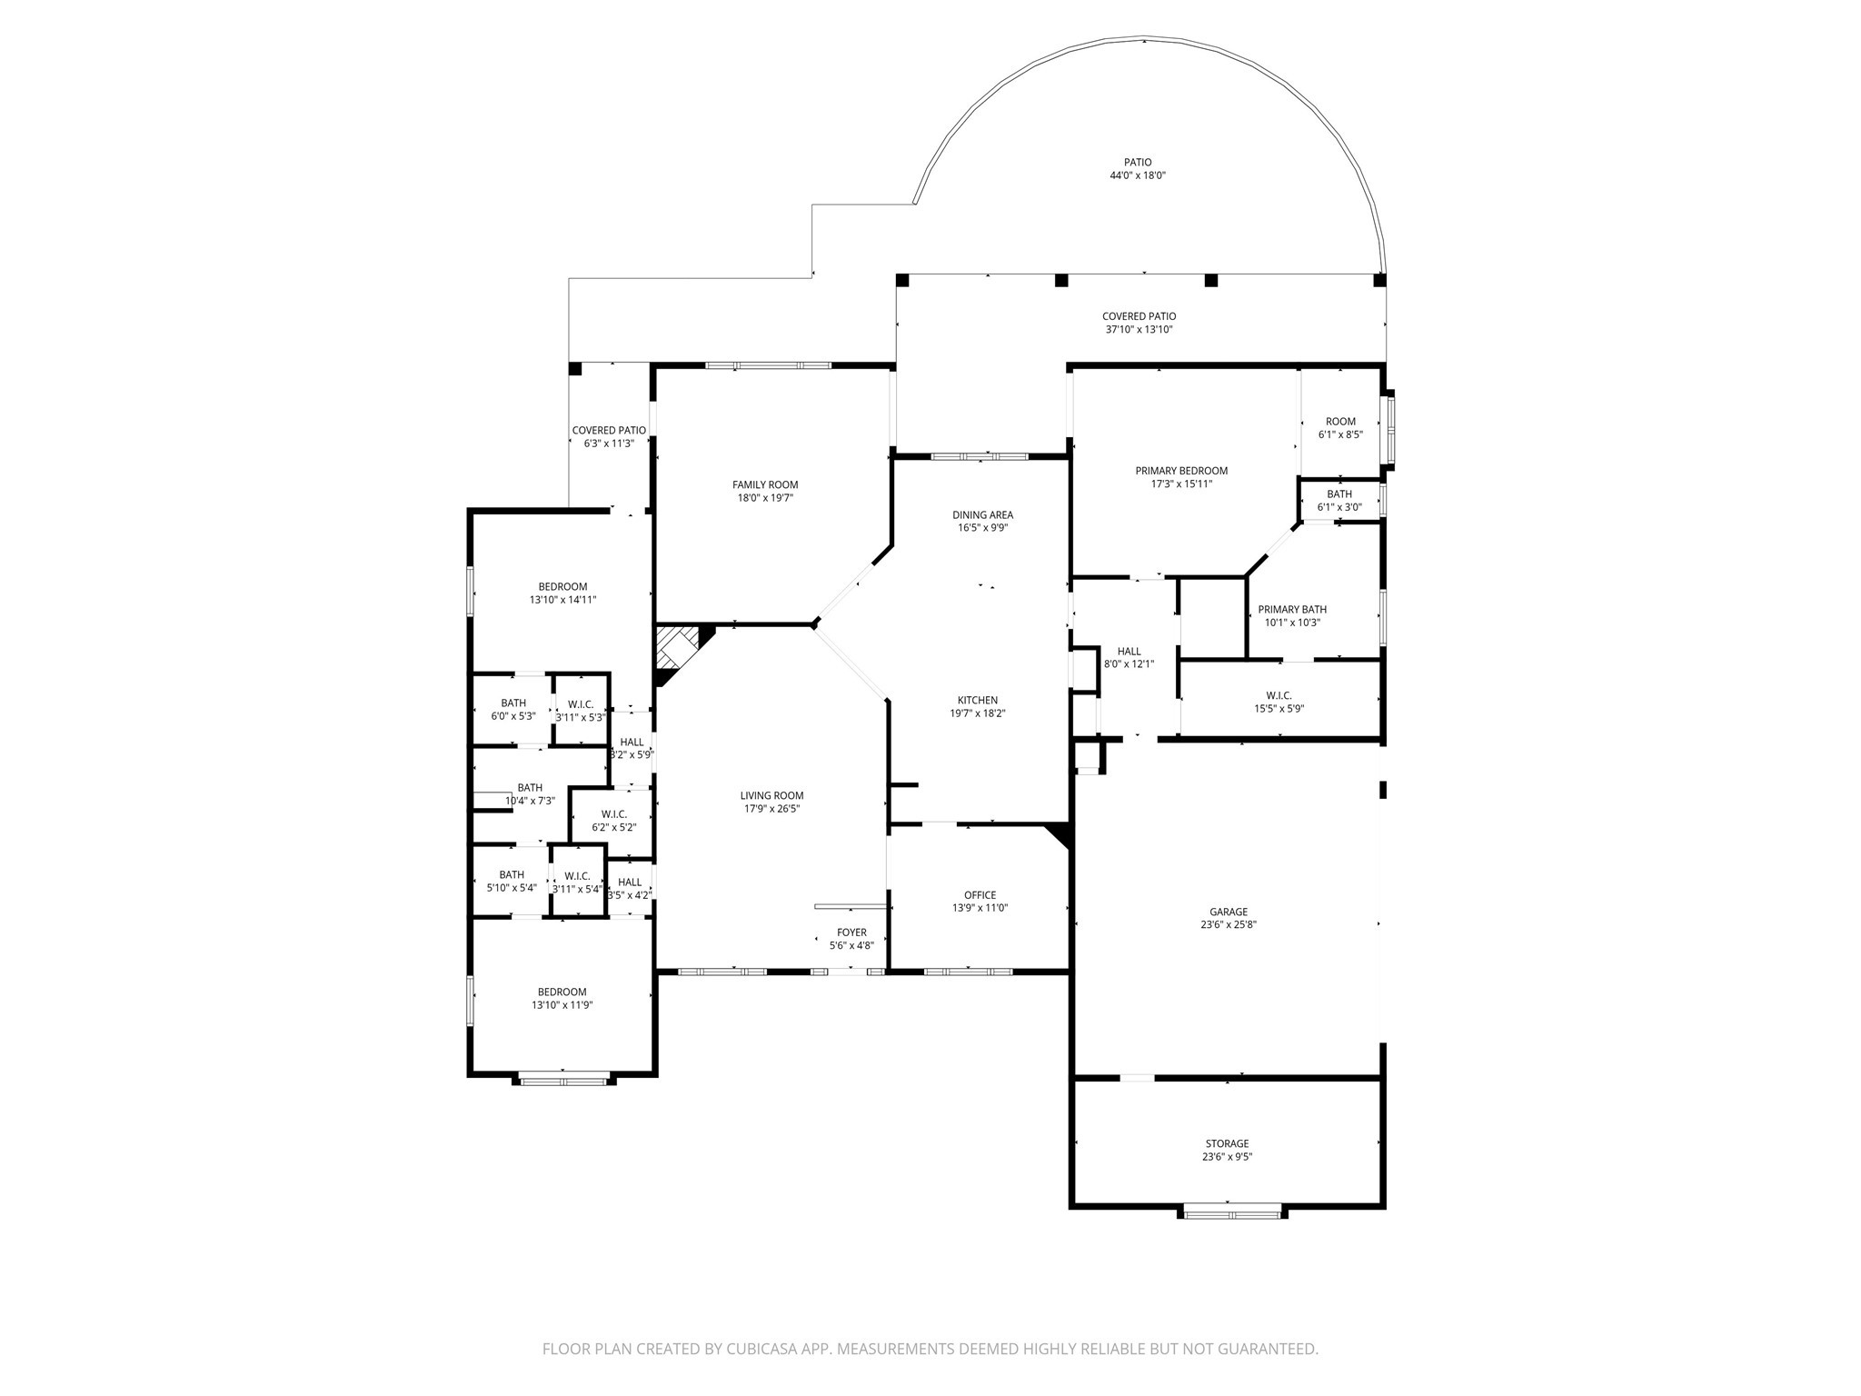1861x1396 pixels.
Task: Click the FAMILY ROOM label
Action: coord(765,484)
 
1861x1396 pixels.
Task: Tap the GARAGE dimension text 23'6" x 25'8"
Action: coord(1228,924)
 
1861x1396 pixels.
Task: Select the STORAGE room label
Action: coord(1228,1143)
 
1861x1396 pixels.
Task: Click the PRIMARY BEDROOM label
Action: coord(1181,471)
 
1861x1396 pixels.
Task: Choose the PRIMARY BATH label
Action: coord(1292,610)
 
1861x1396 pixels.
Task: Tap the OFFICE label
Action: coord(980,895)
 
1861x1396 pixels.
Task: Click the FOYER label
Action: coord(851,932)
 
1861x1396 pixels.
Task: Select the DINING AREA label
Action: coord(982,515)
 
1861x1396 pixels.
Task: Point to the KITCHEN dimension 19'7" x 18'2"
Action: coord(978,713)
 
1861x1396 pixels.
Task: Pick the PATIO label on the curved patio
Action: coord(1137,163)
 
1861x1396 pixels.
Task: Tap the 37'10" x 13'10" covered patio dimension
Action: coord(1139,329)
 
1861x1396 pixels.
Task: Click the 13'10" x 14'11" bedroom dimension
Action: coord(562,600)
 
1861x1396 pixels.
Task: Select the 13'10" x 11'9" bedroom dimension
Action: coord(562,1005)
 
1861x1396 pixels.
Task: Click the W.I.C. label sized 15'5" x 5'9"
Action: coord(1279,695)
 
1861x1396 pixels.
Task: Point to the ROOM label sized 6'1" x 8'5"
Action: coord(1340,422)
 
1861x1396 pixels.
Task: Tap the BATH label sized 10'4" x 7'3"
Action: coord(530,788)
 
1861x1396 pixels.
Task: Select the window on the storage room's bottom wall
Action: coord(1233,1211)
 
